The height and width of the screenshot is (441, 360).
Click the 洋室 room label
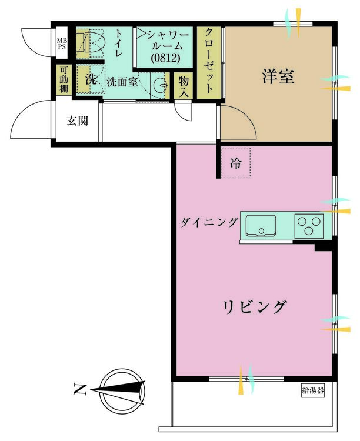coord(278,76)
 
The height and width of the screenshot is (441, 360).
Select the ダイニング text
coord(209,223)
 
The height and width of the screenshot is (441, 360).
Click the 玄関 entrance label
coord(78,121)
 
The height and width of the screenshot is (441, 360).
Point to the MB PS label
coord(62,44)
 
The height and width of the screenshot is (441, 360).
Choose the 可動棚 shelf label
coord(64,80)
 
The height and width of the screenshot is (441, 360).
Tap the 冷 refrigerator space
coord(236,163)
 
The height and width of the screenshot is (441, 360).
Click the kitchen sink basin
coord(261,226)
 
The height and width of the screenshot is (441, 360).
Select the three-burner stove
coord(309,226)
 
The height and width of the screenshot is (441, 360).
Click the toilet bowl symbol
coord(91,42)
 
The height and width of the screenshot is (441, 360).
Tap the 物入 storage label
coord(184,86)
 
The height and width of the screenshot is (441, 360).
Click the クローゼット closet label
coord(208,61)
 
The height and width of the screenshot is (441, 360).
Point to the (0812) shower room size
coord(165,58)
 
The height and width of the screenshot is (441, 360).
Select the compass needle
coord(118,389)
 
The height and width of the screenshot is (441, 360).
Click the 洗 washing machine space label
coord(91,79)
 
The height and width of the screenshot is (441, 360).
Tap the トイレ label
coord(118,44)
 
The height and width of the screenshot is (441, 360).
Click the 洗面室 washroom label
coord(122,82)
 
